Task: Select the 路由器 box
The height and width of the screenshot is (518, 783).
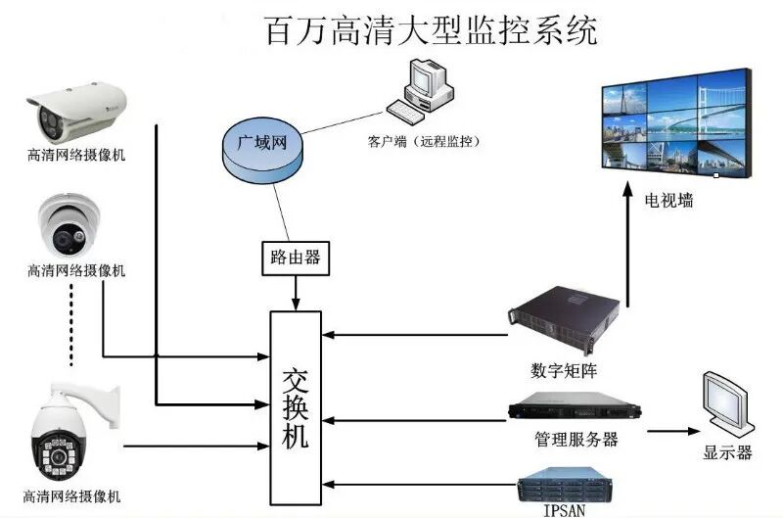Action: coord(295,259)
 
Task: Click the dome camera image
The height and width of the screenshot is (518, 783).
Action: coord(69,226)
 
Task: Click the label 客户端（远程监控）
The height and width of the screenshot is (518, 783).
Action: coord(425,141)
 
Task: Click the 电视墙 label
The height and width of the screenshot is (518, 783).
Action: coord(668,201)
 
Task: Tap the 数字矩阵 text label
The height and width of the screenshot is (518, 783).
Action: coord(564,371)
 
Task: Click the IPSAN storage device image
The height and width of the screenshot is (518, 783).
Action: coord(565,484)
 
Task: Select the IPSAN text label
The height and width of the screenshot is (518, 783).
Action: coord(565,509)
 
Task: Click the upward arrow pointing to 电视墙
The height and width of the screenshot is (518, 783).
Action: coord(627,245)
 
